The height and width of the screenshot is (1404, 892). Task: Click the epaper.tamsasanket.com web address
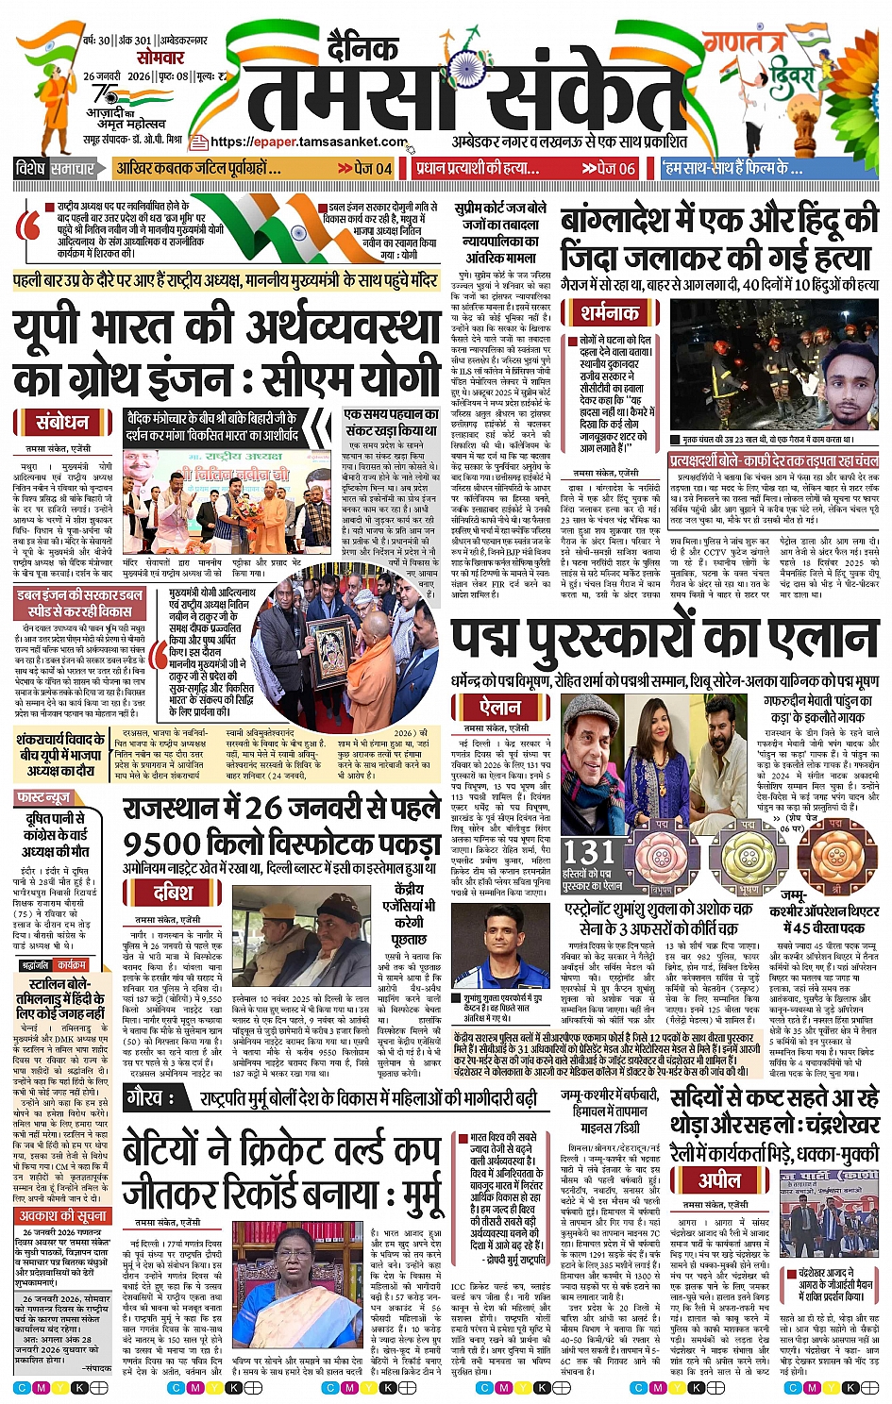310,142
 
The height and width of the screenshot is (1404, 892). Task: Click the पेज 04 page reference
365,168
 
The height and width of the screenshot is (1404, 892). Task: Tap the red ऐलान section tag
500,706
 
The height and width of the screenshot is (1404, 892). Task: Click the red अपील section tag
718,1179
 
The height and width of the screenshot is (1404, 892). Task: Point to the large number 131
589,852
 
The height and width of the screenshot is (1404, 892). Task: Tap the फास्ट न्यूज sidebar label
44,797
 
